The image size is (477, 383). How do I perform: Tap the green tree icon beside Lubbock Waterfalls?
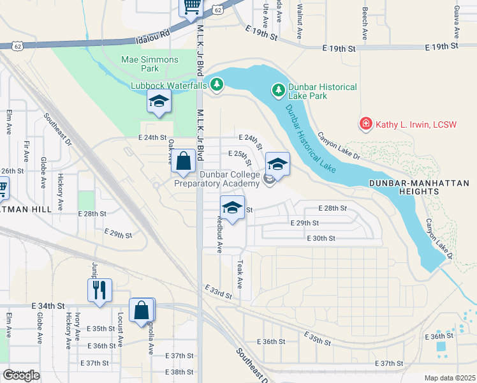[x=217, y=84]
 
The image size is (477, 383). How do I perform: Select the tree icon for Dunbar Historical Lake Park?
[x=278, y=91]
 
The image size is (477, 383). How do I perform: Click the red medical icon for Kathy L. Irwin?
[x=366, y=124]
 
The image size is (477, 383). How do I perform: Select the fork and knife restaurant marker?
[x=100, y=290]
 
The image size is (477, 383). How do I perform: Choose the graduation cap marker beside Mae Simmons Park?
[x=159, y=102]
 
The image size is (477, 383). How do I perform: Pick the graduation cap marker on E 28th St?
[x=233, y=208]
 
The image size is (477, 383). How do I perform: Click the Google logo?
[x=21, y=375]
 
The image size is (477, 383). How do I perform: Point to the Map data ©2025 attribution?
[x=450, y=378]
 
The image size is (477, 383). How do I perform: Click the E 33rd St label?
[x=219, y=292]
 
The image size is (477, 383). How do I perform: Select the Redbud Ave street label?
[x=219, y=234]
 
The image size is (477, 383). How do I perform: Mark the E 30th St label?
[x=320, y=238]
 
